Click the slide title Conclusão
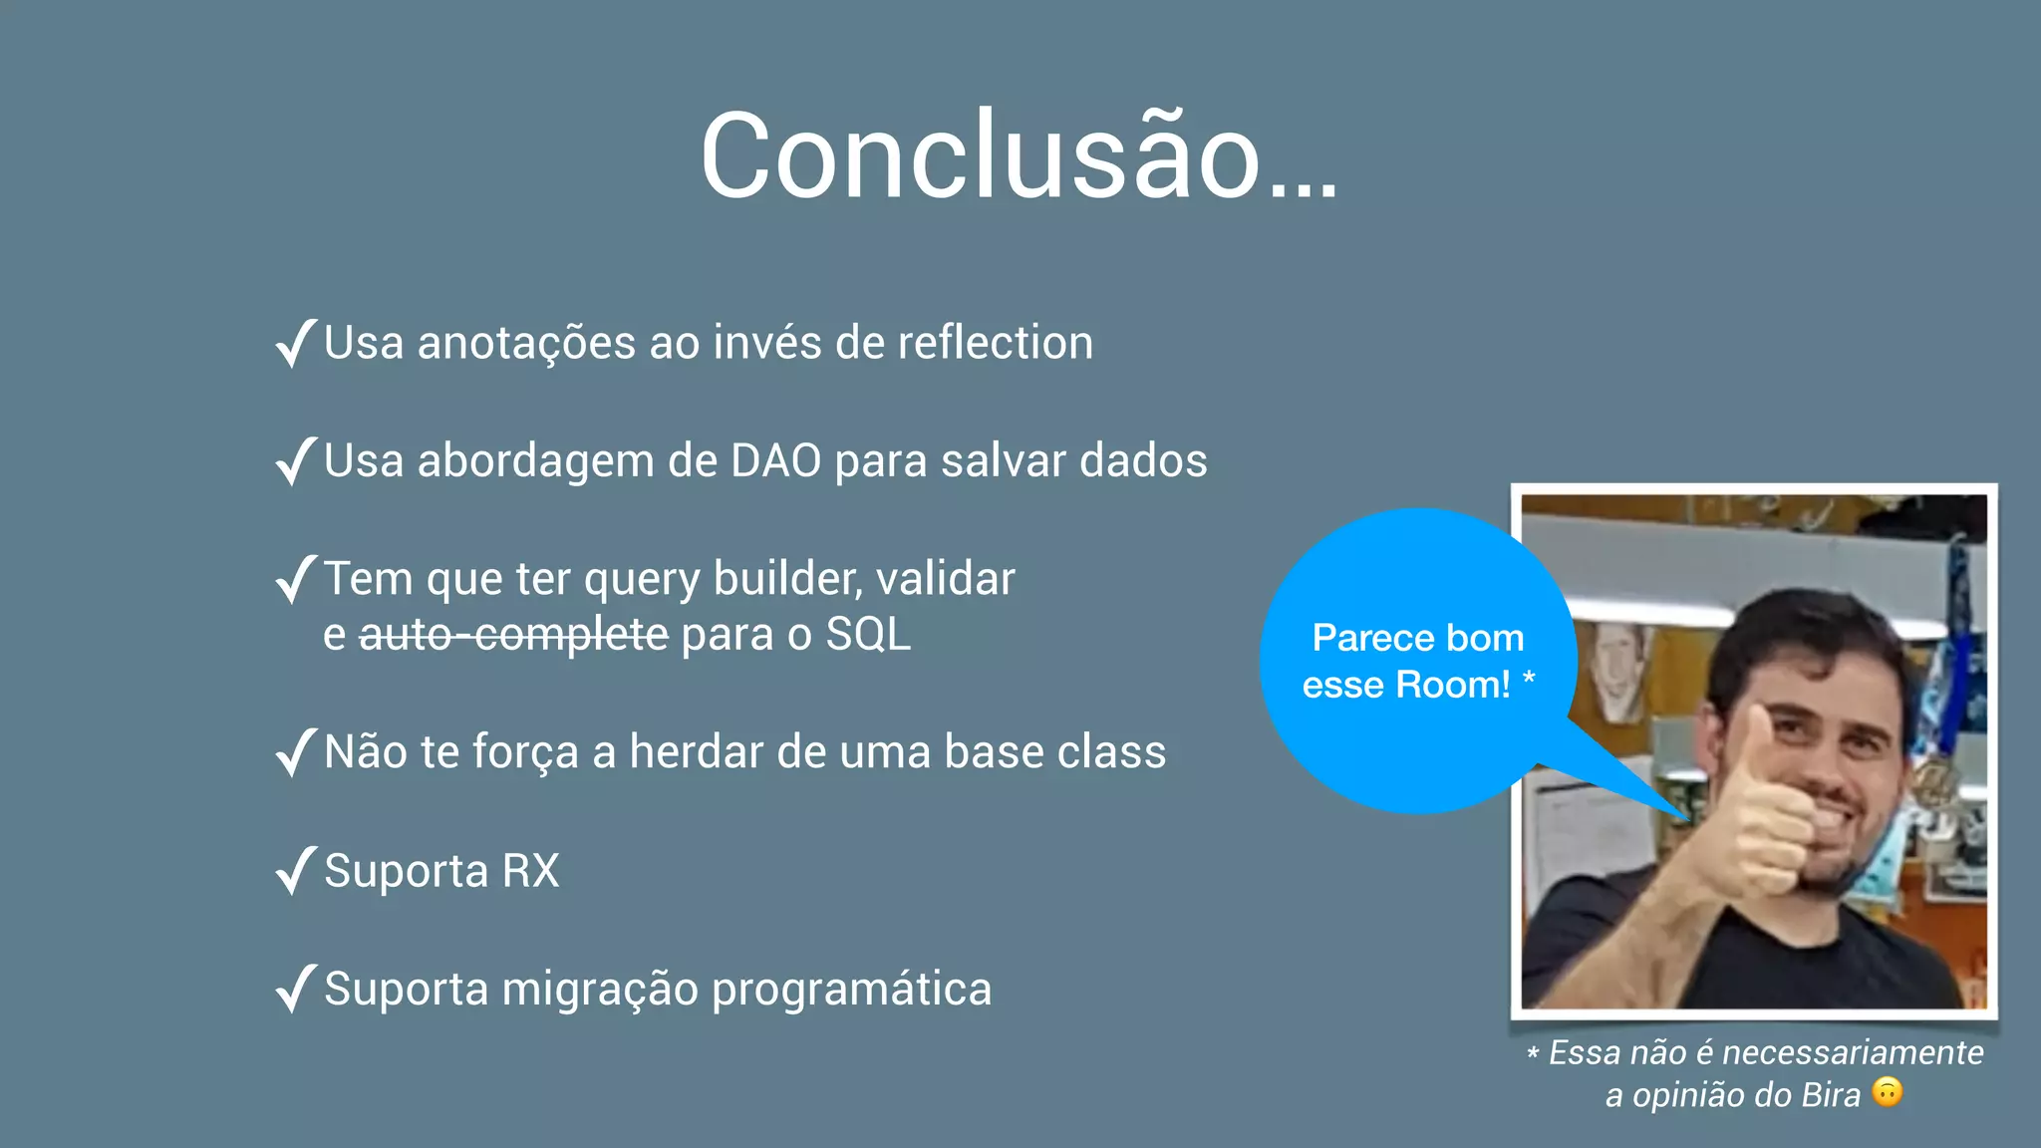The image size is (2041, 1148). click(1019, 157)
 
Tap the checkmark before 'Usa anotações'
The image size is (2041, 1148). click(296, 344)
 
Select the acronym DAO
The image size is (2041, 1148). click(775, 461)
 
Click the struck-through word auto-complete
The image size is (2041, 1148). click(513, 635)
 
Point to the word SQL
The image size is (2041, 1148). click(868, 635)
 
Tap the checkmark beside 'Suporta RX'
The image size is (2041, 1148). click(296, 871)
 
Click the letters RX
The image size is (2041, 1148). click(530, 871)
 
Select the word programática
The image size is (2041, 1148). click(851, 990)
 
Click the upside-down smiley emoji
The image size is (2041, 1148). click(1887, 1092)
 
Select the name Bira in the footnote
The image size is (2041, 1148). click(1830, 1095)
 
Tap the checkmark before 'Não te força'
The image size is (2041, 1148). click(296, 753)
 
